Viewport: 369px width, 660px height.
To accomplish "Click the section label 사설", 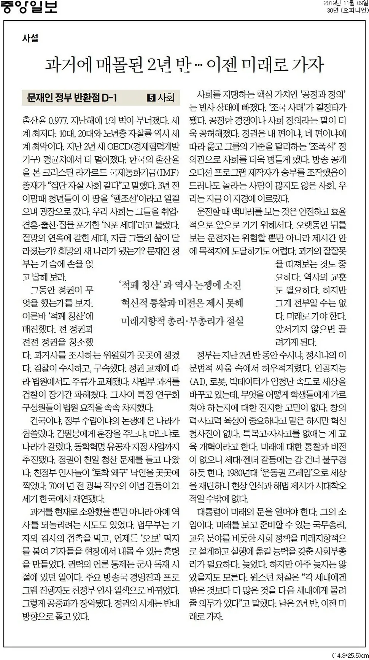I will click(30, 38).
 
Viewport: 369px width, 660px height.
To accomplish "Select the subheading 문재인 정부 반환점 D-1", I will click(72, 98).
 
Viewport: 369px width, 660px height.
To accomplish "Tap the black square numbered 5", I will click(151, 98).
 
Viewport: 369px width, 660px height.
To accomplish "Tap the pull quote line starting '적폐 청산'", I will click(180, 285).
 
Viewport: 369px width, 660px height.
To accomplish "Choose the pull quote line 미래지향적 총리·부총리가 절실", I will click(182, 321).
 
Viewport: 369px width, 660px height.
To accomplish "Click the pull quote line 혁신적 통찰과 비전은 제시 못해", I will click(182, 303).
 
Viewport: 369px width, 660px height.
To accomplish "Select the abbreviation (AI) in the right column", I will click(198, 382).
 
